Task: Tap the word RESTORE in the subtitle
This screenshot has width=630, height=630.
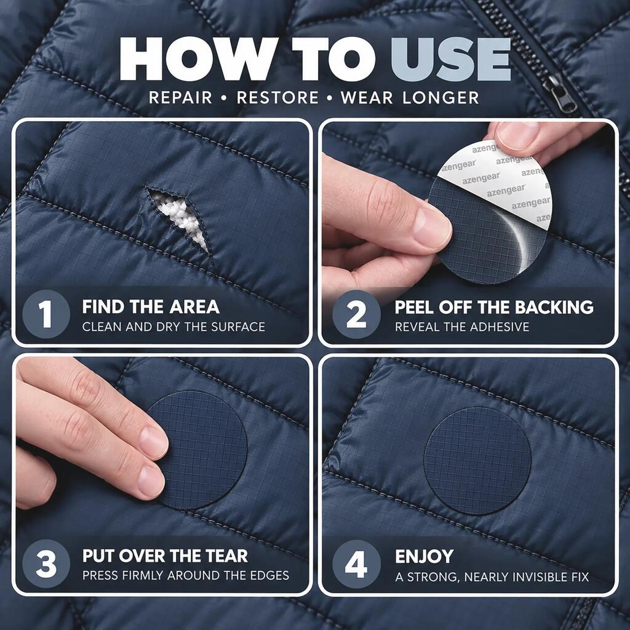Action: [277, 98]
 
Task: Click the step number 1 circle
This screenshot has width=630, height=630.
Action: [46, 314]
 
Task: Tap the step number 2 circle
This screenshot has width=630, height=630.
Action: [356, 314]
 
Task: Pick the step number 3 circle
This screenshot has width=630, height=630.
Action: [46, 564]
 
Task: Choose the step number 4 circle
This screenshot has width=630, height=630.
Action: [356, 564]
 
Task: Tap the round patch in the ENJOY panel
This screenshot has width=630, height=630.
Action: [477, 461]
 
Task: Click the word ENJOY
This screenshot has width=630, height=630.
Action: [425, 556]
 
